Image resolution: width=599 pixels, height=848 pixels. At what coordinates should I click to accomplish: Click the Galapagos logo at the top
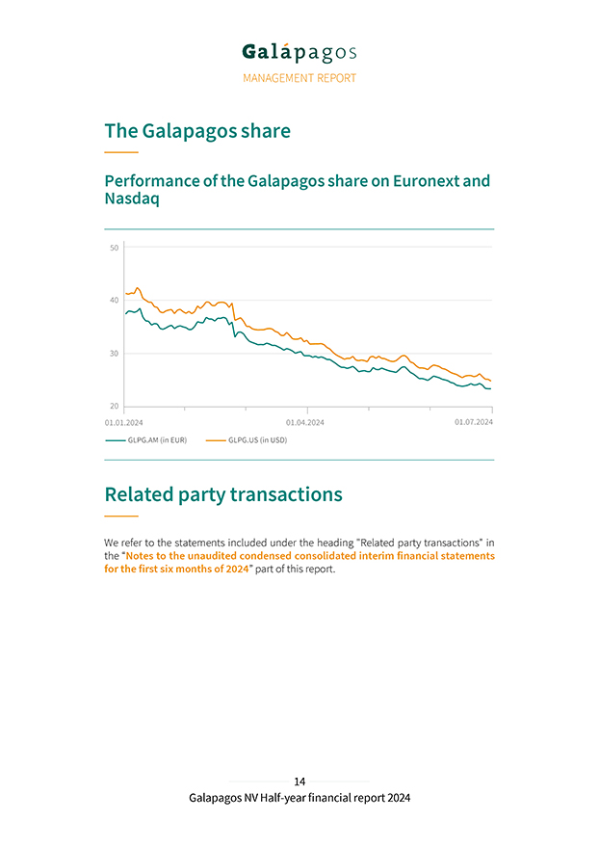[299, 53]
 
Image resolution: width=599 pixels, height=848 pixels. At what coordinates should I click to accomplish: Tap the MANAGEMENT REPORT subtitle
[299, 78]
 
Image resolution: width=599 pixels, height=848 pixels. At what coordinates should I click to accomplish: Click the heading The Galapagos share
[196, 131]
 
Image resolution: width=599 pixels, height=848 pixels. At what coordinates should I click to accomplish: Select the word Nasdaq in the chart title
[132, 199]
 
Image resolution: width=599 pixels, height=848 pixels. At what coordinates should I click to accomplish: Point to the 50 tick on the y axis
[114, 248]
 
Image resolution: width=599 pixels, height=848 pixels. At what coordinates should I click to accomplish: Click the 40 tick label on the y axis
[114, 301]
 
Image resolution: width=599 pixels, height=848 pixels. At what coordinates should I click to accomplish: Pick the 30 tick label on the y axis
[114, 354]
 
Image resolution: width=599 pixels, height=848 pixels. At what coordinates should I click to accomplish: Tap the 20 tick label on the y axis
[114, 407]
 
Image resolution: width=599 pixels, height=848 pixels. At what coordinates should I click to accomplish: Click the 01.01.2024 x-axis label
[123, 422]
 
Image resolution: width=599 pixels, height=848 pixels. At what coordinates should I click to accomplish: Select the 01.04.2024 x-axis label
[305, 422]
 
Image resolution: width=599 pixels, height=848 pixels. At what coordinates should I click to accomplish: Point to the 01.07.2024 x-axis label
[474, 422]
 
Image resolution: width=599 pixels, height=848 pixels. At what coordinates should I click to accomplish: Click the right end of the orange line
[491, 381]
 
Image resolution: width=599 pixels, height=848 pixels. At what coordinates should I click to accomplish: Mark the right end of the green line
[491, 388]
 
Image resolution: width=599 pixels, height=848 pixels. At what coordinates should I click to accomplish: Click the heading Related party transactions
[222, 494]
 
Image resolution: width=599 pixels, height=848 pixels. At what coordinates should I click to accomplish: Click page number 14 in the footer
[299, 782]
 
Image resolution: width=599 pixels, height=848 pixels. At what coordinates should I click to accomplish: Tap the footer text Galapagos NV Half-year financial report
[299, 798]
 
